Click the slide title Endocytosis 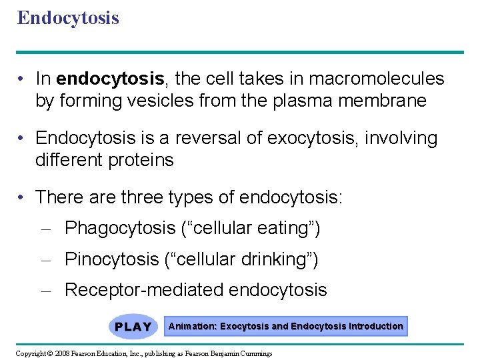68,18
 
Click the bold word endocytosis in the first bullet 111,79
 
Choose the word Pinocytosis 111,259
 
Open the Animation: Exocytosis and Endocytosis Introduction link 285,327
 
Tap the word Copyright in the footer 31,353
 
